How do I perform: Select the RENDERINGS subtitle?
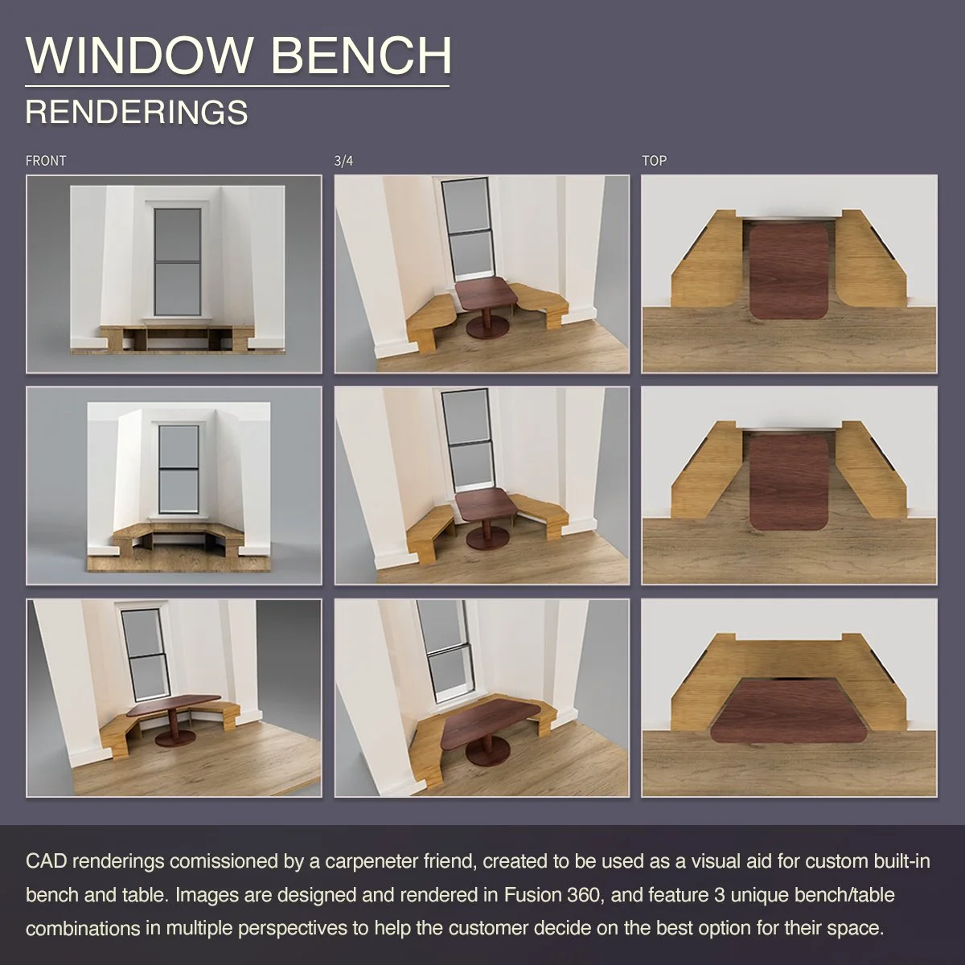137,113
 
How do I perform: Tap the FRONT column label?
46,161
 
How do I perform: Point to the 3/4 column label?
343,161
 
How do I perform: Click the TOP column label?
654,161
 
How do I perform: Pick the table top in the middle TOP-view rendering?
789,481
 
